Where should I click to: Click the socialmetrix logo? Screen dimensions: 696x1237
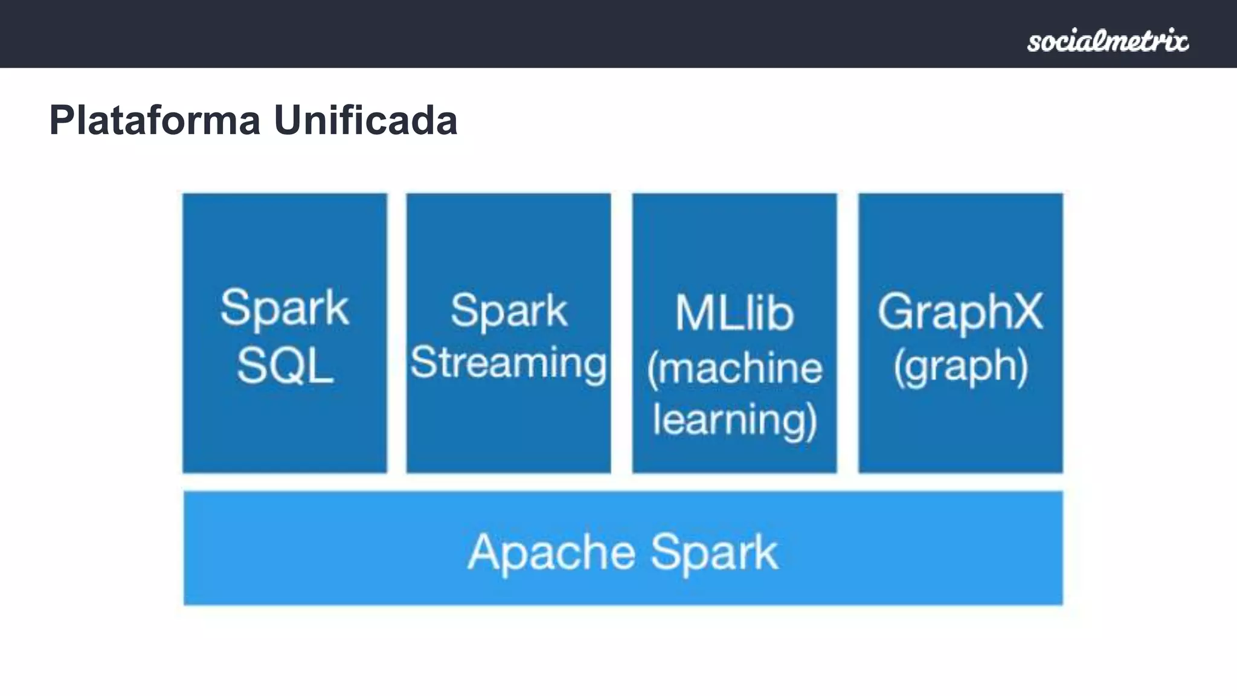(1108, 40)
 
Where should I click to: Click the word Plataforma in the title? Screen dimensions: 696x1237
(155, 120)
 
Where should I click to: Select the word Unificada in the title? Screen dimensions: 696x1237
(365, 120)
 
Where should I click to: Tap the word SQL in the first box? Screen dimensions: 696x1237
(285, 366)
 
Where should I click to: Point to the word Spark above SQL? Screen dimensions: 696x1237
(284, 308)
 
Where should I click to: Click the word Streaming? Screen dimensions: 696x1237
(509, 362)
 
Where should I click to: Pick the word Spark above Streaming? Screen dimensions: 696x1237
(509, 311)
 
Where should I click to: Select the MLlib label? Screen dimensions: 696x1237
(734, 313)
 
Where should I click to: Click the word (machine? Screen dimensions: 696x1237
(734, 369)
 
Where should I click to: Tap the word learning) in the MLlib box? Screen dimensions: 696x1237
(735, 420)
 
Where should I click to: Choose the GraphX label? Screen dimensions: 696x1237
(960, 312)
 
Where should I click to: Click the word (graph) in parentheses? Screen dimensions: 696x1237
(960, 366)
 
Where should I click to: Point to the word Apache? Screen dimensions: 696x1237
(551, 552)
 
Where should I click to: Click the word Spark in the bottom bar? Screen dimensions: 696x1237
(715, 552)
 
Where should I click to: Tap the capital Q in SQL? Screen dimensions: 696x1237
(286, 366)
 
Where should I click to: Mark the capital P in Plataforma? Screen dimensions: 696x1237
(63, 120)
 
